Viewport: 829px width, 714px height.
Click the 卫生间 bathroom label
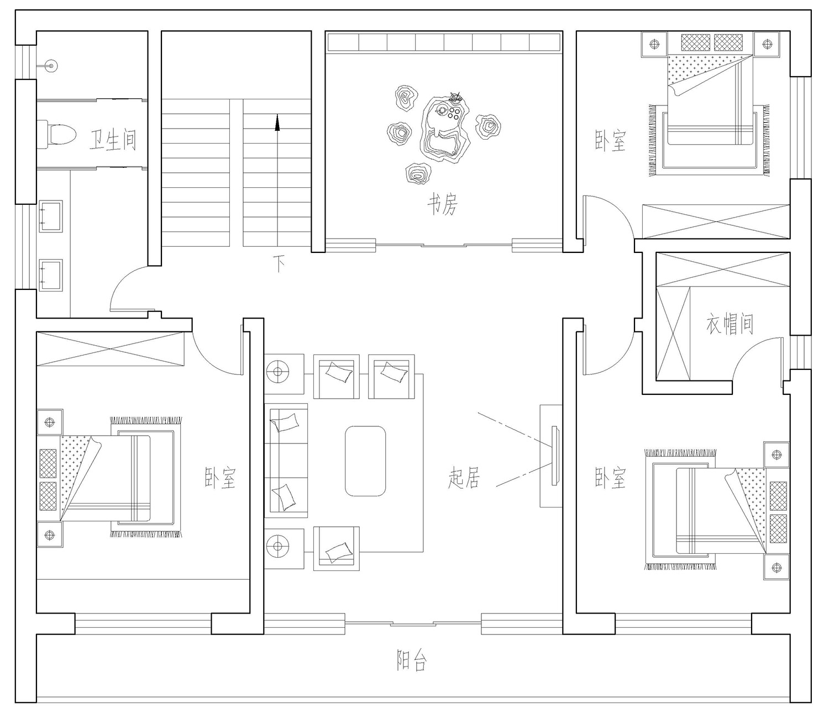click(x=113, y=140)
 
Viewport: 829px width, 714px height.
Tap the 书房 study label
click(x=442, y=204)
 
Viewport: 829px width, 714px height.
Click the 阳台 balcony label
click(x=412, y=660)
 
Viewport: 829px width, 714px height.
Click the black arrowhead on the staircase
click(x=277, y=123)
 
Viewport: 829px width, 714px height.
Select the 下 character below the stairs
click(x=279, y=263)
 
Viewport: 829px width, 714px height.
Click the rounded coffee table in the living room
click(x=365, y=461)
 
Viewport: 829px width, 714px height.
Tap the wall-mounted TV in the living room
click(x=555, y=456)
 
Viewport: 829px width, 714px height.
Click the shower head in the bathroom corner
click(x=51, y=65)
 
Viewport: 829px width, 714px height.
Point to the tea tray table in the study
click(x=444, y=129)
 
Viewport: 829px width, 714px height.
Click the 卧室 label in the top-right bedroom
click(x=610, y=140)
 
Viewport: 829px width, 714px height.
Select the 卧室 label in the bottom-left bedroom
click(x=220, y=478)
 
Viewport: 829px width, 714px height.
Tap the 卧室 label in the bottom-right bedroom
click(x=610, y=478)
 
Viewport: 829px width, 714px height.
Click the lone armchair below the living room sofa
click(x=336, y=548)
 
